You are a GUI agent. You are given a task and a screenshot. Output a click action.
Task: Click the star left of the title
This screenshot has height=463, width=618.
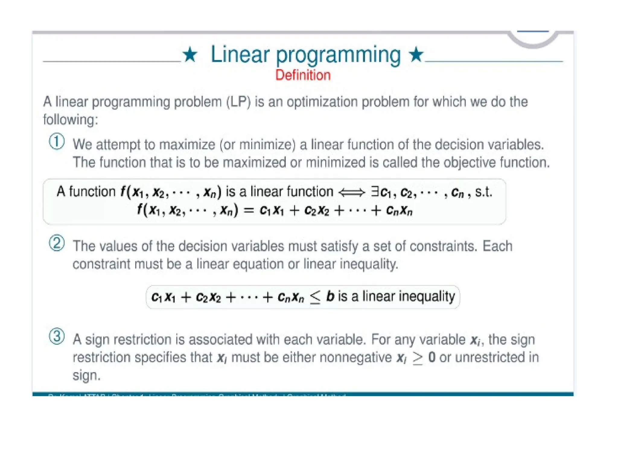[190, 55]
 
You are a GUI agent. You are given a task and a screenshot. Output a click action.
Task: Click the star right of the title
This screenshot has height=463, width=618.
[416, 54]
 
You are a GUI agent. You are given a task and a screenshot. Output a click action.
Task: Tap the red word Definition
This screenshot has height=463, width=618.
[303, 75]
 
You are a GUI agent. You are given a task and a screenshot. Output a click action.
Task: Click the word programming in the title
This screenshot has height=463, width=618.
[338, 55]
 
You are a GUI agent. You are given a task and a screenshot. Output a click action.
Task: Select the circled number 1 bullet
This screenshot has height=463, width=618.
[57, 142]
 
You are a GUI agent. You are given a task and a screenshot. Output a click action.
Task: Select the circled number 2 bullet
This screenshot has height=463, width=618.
[57, 243]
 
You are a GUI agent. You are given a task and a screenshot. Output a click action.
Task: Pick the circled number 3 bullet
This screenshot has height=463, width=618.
[57, 336]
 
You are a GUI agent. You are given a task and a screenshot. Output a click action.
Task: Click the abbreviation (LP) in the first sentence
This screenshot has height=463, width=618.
[238, 102]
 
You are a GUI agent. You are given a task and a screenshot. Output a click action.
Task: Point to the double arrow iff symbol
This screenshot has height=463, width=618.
[352, 192]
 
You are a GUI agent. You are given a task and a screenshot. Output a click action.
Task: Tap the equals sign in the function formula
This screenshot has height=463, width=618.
[249, 210]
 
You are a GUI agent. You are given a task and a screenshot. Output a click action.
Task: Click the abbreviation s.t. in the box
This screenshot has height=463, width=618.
[483, 192]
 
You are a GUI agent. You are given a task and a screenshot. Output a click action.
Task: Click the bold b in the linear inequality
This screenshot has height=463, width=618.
[330, 296]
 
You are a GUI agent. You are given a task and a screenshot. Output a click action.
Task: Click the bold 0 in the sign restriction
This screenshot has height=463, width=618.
[432, 357]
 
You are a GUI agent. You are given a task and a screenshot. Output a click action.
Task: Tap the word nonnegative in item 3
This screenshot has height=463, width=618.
[355, 357]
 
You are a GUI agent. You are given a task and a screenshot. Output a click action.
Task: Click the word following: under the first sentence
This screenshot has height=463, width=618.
[71, 120]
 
